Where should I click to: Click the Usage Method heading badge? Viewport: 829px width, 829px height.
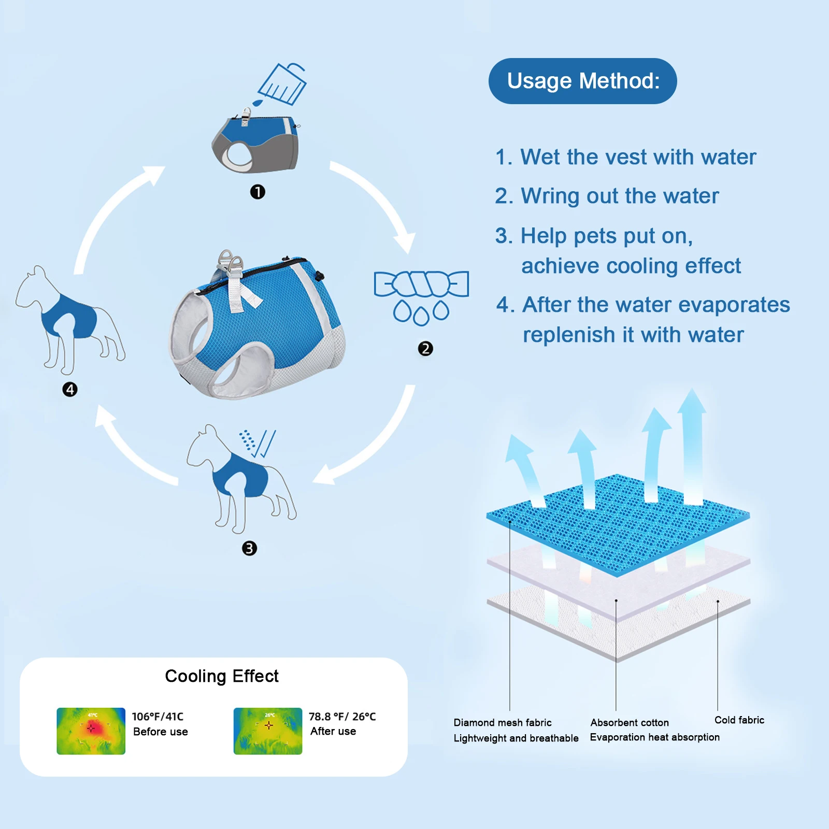coord(582,81)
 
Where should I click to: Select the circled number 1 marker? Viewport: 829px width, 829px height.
coord(258,192)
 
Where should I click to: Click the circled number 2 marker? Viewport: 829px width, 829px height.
coord(425,349)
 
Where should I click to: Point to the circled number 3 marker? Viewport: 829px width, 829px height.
coord(249,548)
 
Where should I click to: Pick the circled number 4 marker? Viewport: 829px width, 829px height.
coord(70,390)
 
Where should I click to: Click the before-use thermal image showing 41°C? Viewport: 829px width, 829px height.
coord(91,731)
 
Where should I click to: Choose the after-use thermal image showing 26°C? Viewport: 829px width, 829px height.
coord(268,731)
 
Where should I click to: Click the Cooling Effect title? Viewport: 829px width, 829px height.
coord(221,676)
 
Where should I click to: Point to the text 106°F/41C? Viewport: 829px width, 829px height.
coord(158,717)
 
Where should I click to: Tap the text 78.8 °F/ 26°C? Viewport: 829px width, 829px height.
coord(342,717)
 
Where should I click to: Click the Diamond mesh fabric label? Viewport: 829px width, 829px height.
coord(502,723)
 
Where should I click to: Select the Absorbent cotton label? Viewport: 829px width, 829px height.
coord(630,723)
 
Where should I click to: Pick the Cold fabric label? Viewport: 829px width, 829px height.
coord(739,720)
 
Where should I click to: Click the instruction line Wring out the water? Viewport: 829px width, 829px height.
coord(607,196)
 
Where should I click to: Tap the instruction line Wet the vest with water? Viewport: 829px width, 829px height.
coord(625,157)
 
